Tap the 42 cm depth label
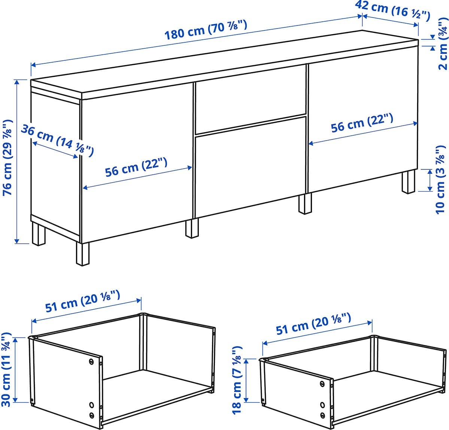click(x=392, y=10)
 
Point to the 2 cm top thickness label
click(x=443, y=43)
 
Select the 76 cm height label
click(x=7, y=157)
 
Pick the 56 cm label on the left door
click(x=136, y=168)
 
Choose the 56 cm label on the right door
click(x=362, y=123)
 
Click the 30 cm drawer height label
click(x=6, y=370)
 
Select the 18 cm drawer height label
click(x=237, y=380)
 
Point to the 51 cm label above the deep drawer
click(x=82, y=301)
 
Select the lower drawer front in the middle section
click(x=250, y=167)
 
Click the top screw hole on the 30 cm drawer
click(x=92, y=362)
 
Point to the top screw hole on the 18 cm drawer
click(x=322, y=384)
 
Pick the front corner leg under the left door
click(x=83, y=254)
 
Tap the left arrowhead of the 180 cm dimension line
click(x=33, y=65)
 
